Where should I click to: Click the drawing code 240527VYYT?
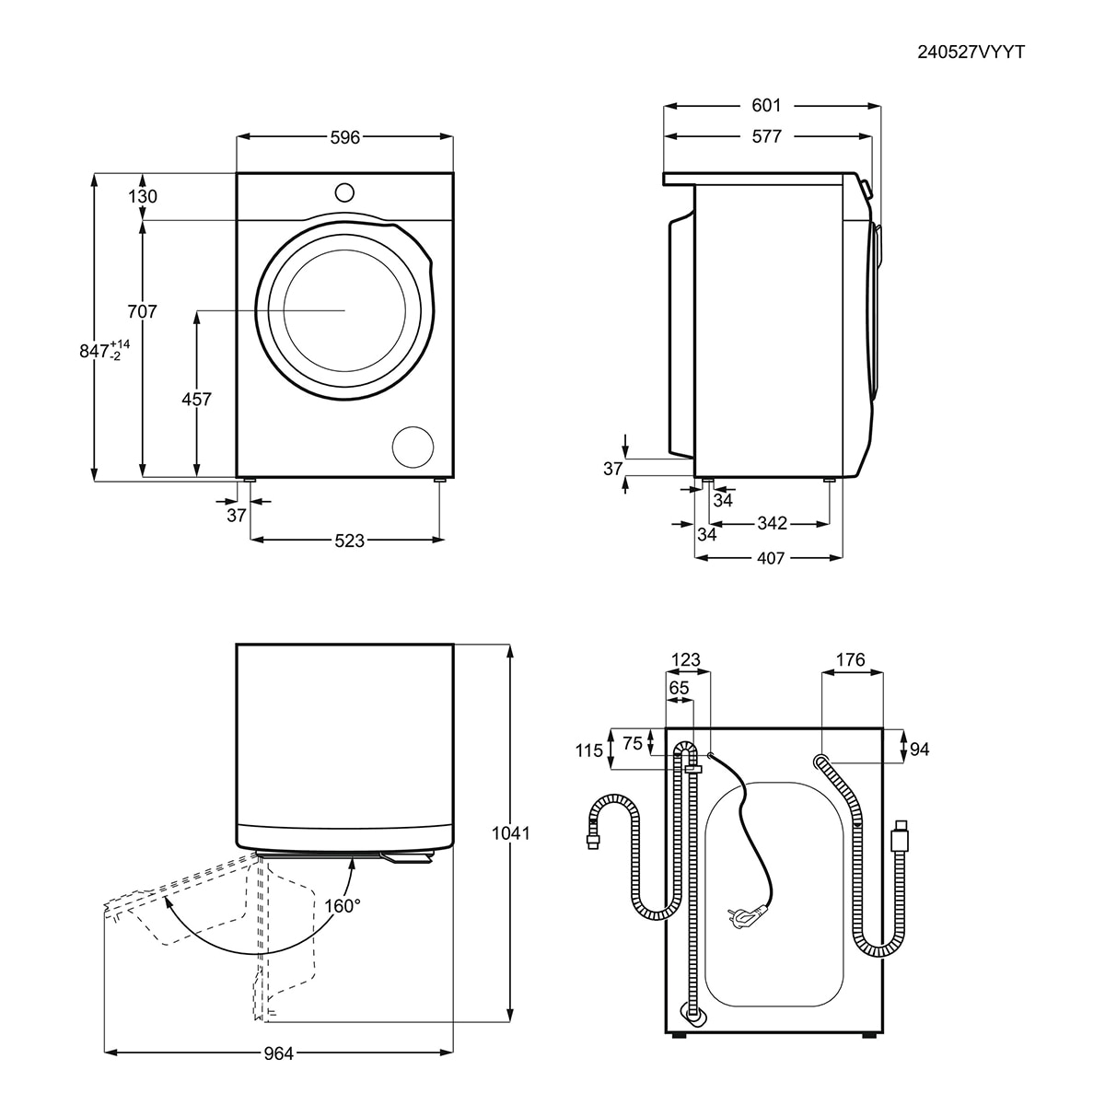point(971,52)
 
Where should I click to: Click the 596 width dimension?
point(344,137)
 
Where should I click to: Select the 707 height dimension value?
point(142,311)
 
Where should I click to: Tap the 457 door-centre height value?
point(196,399)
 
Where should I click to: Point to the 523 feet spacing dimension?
point(349,541)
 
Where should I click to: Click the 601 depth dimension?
point(766,106)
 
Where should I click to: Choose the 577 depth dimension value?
point(766,136)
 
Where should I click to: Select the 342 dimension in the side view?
point(772,523)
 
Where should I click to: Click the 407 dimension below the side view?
point(770,558)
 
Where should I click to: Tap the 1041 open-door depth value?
point(510,833)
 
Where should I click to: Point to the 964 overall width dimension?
point(279,1054)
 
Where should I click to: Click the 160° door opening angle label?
point(343,906)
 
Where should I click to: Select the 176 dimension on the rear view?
point(850,660)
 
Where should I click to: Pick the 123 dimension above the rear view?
point(686,660)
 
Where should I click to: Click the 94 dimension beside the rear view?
point(919,750)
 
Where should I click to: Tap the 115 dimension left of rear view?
point(589,750)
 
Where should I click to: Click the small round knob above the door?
point(344,192)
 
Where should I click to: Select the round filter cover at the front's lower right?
point(413,447)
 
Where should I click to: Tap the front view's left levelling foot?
point(250,480)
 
